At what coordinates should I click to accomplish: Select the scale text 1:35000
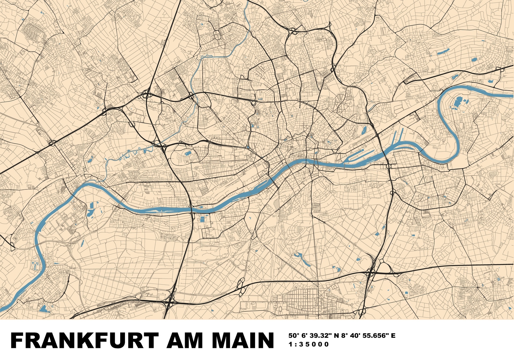pyautogui.click(x=309, y=344)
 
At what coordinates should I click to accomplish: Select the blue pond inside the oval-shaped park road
pyautogui.click(x=188, y=153)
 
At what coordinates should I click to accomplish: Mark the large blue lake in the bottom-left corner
pyautogui.click(x=44, y=309)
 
